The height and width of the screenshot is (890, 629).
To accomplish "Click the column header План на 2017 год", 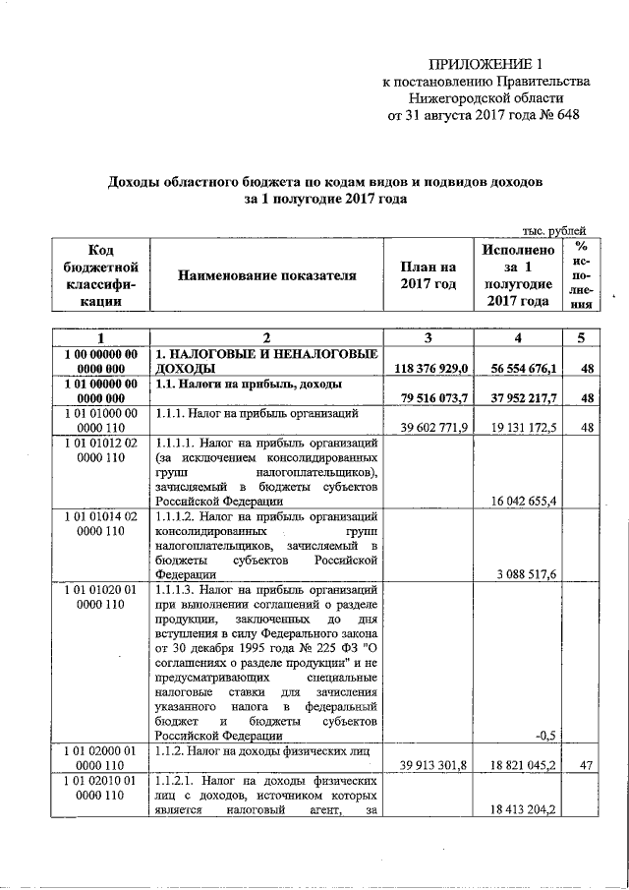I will [x=429, y=275].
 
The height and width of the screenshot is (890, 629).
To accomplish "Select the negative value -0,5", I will [x=546, y=735].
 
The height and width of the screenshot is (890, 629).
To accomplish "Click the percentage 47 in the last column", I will [x=586, y=765].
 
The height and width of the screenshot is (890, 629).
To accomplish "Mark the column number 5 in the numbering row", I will [x=582, y=338].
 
